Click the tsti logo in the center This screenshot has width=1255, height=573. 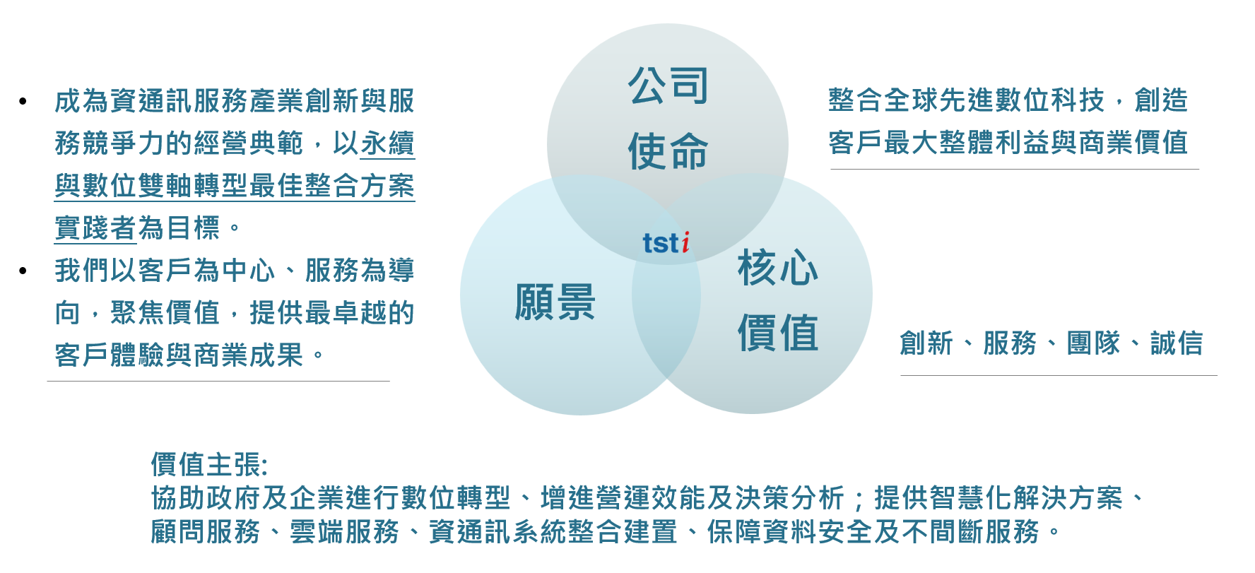pyautogui.click(x=666, y=242)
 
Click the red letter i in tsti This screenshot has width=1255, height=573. pyautogui.click(x=685, y=242)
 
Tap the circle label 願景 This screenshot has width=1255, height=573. pyautogui.click(x=555, y=302)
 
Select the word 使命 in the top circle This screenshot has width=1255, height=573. pyautogui.click(x=668, y=150)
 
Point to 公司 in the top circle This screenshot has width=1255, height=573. pyautogui.click(x=668, y=85)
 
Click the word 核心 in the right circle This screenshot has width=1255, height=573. pyautogui.click(x=777, y=268)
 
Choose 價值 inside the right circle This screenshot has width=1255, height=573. pyautogui.click(x=777, y=333)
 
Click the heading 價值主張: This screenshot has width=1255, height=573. pyautogui.click(x=209, y=465)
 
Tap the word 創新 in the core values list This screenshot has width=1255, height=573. pyautogui.click(x=926, y=343)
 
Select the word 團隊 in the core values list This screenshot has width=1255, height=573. pyautogui.click(x=1093, y=343)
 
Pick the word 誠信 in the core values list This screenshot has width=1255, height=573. pyautogui.click(x=1177, y=343)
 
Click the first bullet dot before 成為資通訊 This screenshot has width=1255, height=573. pyautogui.click(x=23, y=102)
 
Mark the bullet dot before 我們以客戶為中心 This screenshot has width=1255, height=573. pyautogui.click(x=23, y=271)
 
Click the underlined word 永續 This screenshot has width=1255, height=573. pyautogui.click(x=387, y=143)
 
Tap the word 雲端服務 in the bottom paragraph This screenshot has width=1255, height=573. pyautogui.click(x=345, y=532)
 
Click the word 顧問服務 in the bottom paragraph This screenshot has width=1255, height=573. pyautogui.click(x=206, y=532)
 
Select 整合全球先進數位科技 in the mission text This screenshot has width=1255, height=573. pyautogui.click(x=966, y=100)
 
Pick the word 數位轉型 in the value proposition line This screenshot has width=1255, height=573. pyautogui.click(x=455, y=498)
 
